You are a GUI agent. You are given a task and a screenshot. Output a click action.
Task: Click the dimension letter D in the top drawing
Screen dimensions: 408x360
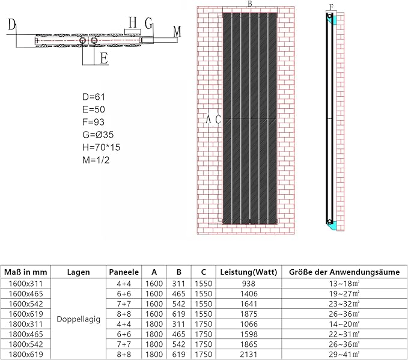click(12, 25)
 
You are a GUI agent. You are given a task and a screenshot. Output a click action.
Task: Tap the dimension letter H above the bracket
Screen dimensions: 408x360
click(133, 22)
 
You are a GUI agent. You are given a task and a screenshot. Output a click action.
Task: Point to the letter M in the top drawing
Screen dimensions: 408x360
click(177, 32)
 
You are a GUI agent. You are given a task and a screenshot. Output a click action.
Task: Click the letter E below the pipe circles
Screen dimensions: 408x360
click(104, 58)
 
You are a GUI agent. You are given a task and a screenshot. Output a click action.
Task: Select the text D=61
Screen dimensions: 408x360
click(94, 97)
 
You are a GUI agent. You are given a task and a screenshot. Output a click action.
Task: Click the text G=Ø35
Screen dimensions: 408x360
click(98, 135)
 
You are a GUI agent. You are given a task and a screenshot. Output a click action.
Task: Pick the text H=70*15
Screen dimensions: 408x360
click(101, 147)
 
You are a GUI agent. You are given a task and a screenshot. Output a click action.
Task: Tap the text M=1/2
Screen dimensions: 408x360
click(96, 160)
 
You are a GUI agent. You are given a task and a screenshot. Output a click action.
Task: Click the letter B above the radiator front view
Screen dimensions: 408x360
click(250, 4)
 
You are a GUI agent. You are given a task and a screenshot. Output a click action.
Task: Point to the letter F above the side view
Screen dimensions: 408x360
click(331, 7)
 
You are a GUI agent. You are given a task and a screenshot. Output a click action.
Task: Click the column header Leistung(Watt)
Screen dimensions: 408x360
click(249, 272)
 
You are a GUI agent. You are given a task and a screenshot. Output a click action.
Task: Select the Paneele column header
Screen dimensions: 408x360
click(124, 272)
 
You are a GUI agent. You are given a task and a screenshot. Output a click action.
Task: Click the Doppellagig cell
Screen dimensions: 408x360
click(78, 319)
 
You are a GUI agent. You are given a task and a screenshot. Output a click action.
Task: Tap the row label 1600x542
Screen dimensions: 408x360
click(26, 304)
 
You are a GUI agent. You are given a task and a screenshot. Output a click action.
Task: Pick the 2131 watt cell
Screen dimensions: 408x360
click(249, 354)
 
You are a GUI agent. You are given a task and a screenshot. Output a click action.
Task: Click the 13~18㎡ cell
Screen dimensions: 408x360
click(344, 284)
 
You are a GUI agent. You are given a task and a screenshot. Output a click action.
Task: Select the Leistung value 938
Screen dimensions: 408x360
click(249, 284)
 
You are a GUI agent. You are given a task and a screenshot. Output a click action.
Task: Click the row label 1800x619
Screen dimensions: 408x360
click(26, 354)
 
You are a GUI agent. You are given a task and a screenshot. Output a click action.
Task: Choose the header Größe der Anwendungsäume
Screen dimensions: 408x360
click(344, 272)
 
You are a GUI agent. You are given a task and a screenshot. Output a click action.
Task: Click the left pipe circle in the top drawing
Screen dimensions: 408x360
click(83, 40)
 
